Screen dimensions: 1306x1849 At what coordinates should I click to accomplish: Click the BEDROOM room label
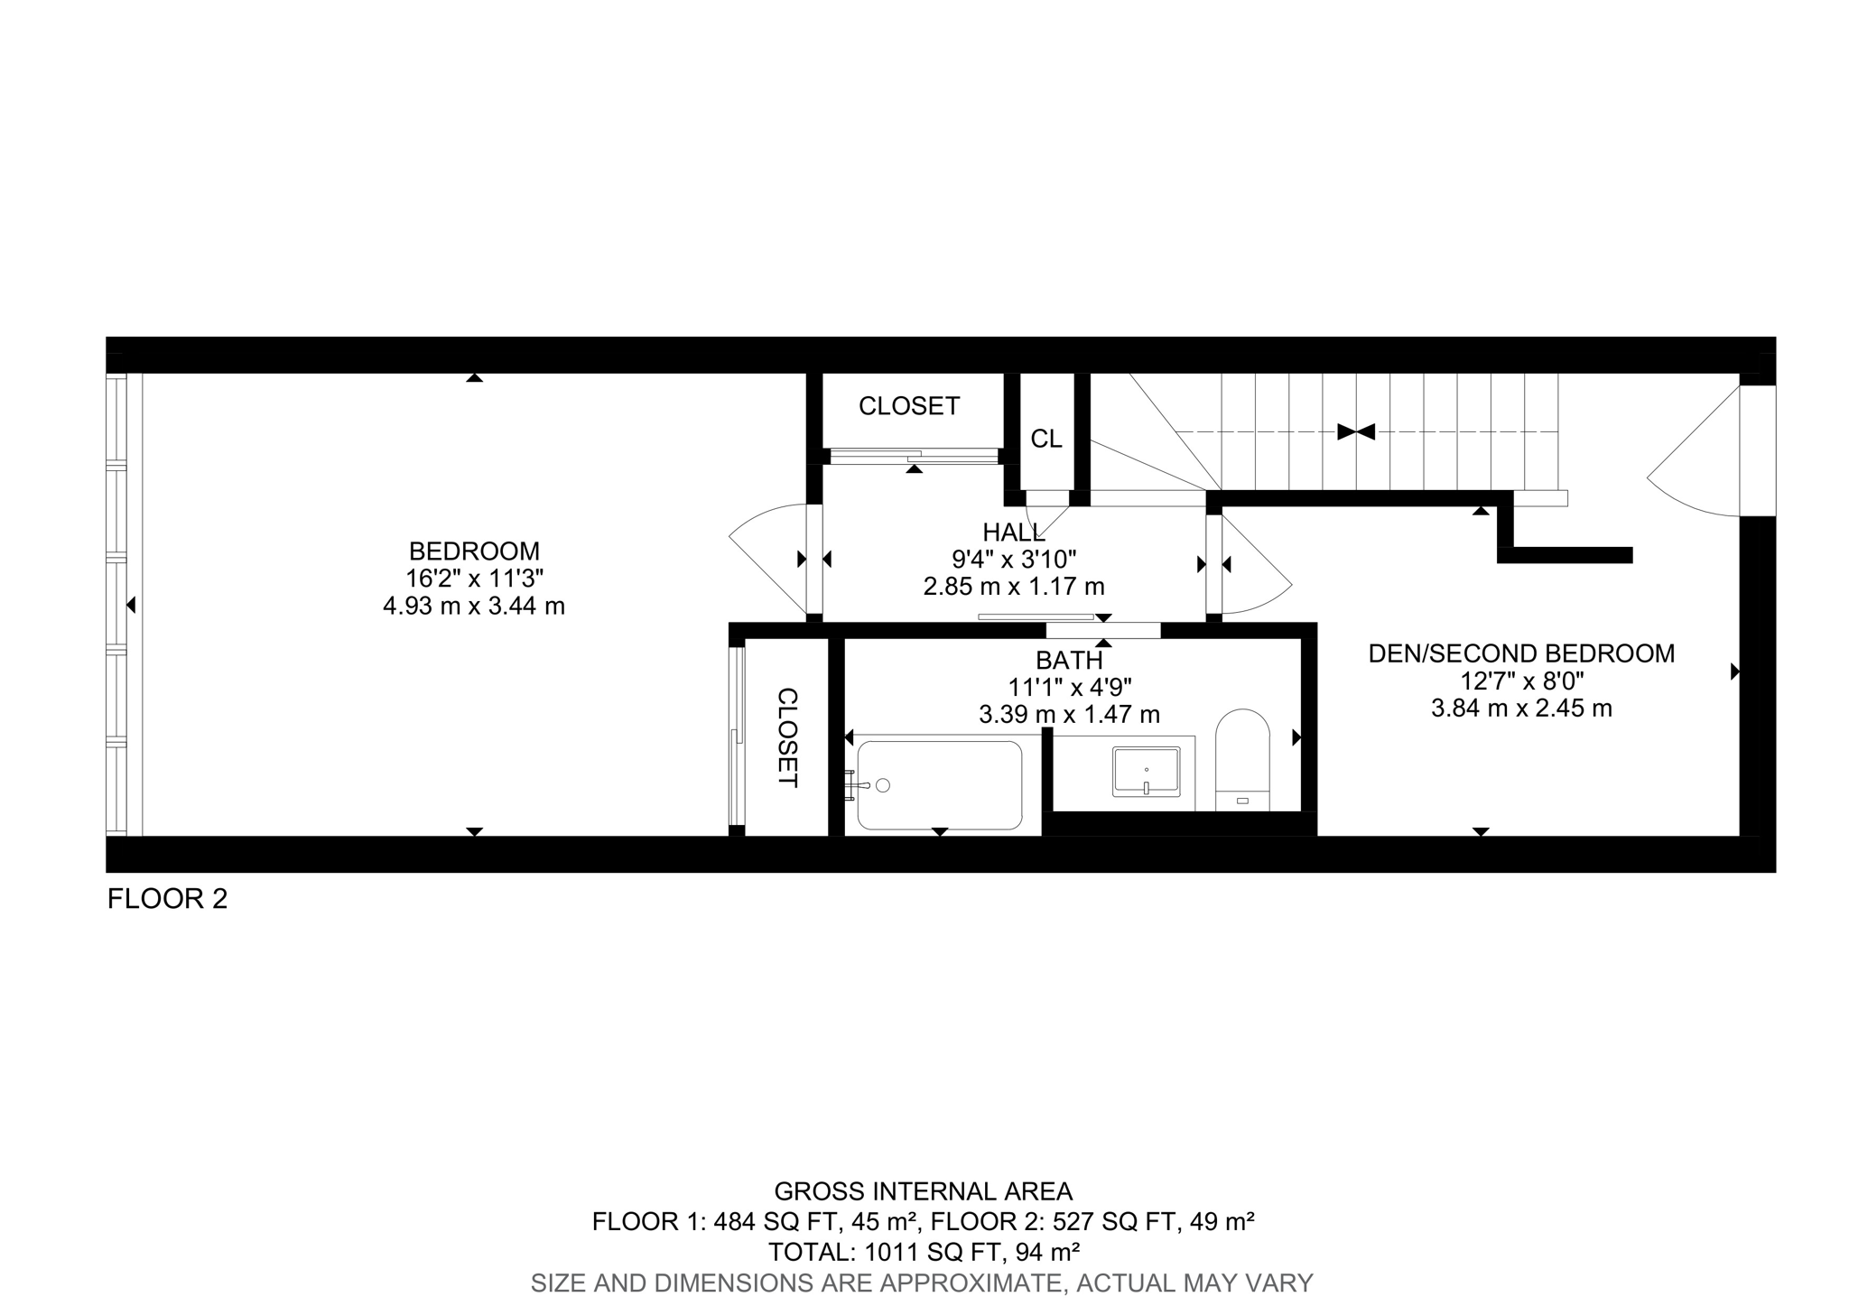[x=474, y=551]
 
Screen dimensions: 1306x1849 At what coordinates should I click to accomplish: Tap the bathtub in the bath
[x=939, y=784]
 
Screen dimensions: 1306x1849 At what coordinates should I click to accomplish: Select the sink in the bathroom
[x=1146, y=772]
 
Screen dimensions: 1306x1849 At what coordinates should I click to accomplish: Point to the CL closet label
[x=1046, y=439]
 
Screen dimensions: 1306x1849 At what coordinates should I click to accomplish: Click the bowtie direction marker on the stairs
[x=1355, y=432]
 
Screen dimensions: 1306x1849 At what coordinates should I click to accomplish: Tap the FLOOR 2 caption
[x=167, y=899]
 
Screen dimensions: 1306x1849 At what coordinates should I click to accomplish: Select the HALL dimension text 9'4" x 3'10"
[x=1014, y=560]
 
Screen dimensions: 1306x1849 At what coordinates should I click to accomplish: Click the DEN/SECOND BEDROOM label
[x=1521, y=653]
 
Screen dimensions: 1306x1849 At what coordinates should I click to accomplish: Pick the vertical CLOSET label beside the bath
[x=787, y=737]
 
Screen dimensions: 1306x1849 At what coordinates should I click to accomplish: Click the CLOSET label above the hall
[x=908, y=406]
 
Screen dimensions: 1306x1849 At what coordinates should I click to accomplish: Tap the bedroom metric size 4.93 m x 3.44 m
[x=474, y=606]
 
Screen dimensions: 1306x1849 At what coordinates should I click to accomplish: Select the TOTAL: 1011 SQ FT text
[x=924, y=1252]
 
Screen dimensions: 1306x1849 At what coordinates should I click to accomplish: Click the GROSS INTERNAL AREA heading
[x=924, y=1192]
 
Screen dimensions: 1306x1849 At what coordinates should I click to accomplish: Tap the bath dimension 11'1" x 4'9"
[x=1070, y=688]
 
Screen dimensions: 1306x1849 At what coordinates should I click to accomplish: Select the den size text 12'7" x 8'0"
[x=1521, y=681]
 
